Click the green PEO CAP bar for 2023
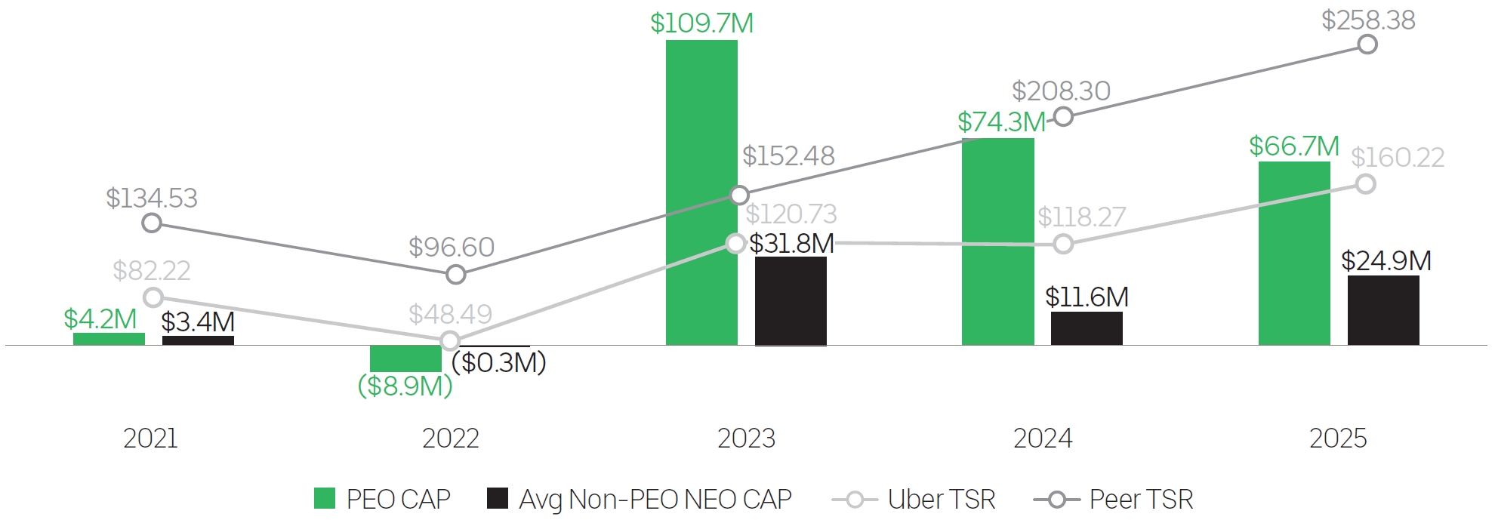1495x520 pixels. coord(701,192)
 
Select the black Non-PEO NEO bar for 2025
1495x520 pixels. coord(1383,310)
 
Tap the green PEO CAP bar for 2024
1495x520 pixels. coord(997,242)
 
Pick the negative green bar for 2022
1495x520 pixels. coord(405,358)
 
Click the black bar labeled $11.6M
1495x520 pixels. coord(1087,328)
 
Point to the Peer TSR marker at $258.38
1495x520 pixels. coord(1367,45)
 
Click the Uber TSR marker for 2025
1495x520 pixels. coord(1365,184)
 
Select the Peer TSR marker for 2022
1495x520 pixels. coord(455,275)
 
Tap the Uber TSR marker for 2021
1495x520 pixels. coord(153,297)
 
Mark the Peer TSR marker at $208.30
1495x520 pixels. coord(1063,117)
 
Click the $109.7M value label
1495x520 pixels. coord(701,23)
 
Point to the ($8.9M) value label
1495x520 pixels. coord(405,386)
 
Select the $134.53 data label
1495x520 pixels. coord(151,198)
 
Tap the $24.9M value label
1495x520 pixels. coord(1386,261)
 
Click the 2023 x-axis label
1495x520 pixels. coord(746,438)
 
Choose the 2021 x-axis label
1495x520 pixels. coord(150,438)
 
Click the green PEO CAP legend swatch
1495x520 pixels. coord(325,499)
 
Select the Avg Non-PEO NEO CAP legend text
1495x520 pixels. coord(655,500)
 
